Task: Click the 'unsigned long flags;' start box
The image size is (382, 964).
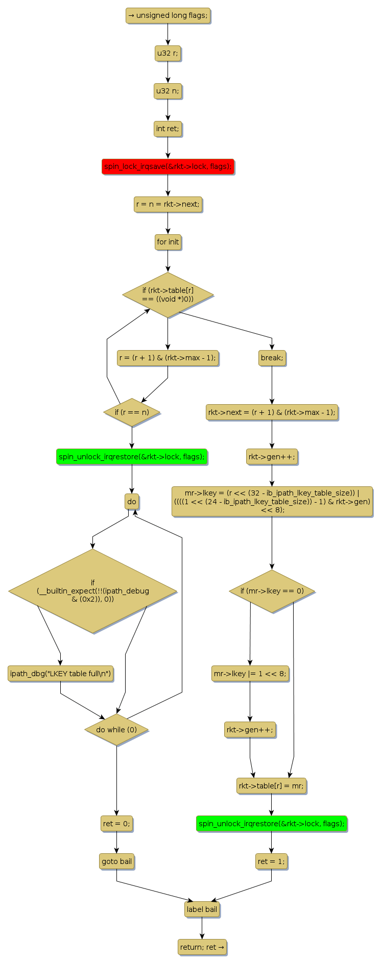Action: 168,16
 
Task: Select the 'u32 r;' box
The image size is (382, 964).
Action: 168,54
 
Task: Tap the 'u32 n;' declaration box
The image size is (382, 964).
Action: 168,91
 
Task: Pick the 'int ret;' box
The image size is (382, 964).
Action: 168,129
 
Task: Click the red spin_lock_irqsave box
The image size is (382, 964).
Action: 168,167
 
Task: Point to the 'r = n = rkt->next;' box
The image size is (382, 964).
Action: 168,205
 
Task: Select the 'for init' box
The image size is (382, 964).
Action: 168,242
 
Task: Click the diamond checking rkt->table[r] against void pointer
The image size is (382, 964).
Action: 168,295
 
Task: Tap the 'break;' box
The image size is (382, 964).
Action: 272,358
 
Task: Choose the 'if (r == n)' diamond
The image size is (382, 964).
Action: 132,412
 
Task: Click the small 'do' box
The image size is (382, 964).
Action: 132,502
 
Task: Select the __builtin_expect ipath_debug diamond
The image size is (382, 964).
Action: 93,591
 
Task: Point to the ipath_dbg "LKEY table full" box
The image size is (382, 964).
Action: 60,674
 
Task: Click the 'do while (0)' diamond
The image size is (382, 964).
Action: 116,730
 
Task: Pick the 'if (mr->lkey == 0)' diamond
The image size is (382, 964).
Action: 272,591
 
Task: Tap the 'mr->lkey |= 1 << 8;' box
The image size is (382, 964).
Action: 250,674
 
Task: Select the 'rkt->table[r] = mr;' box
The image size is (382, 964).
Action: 271,786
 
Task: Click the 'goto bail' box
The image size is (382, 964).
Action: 116,861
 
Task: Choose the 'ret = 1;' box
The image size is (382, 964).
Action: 271,861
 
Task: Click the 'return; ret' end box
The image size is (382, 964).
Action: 202,947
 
